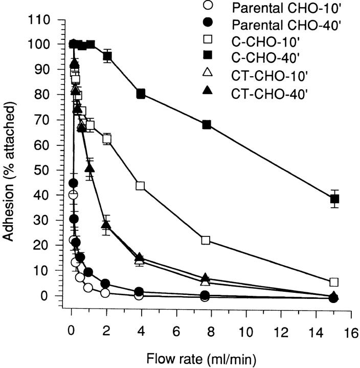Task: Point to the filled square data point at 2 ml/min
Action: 107,56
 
